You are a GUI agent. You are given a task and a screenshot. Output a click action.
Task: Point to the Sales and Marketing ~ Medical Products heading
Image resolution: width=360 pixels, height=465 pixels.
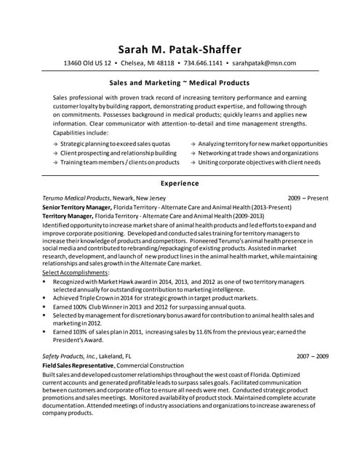[x=179, y=83]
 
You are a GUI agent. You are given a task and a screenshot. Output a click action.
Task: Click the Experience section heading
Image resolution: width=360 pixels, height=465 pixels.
[x=179, y=184]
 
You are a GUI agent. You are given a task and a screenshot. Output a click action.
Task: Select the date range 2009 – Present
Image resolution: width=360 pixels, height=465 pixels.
[x=308, y=198]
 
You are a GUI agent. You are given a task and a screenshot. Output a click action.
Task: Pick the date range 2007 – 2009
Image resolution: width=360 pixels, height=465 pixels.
[x=313, y=357]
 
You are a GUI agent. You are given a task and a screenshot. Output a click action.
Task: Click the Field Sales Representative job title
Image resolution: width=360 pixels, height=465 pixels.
[x=76, y=365]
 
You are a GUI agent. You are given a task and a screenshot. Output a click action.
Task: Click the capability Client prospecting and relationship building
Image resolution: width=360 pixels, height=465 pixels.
[x=119, y=153]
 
